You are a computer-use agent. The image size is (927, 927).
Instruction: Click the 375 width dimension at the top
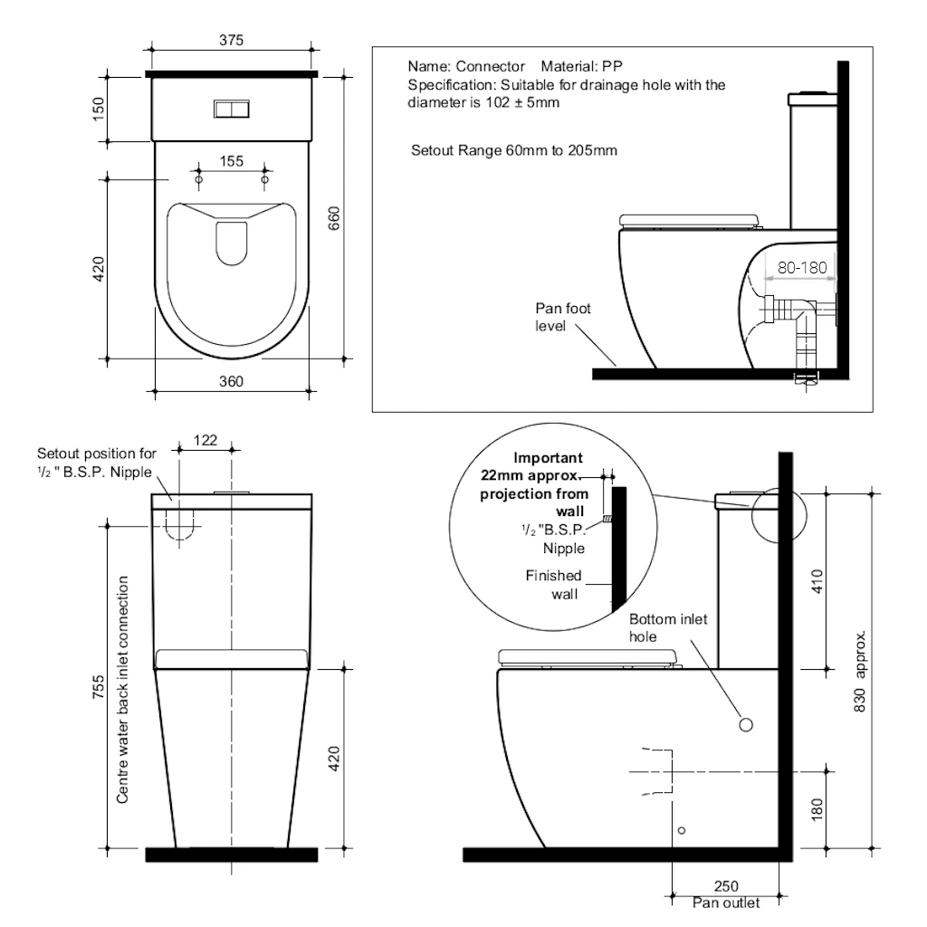point(231,40)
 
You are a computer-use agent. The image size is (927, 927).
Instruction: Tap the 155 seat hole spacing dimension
point(232,161)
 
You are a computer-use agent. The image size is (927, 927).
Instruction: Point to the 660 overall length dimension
point(334,218)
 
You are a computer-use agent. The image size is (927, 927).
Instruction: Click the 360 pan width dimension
point(232,381)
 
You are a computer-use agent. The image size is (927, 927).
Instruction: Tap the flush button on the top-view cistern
point(231,109)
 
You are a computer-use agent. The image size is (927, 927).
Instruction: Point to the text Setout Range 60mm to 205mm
point(514,150)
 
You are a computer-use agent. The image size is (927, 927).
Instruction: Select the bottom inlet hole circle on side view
point(747,724)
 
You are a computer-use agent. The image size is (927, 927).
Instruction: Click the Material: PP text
point(581,67)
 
